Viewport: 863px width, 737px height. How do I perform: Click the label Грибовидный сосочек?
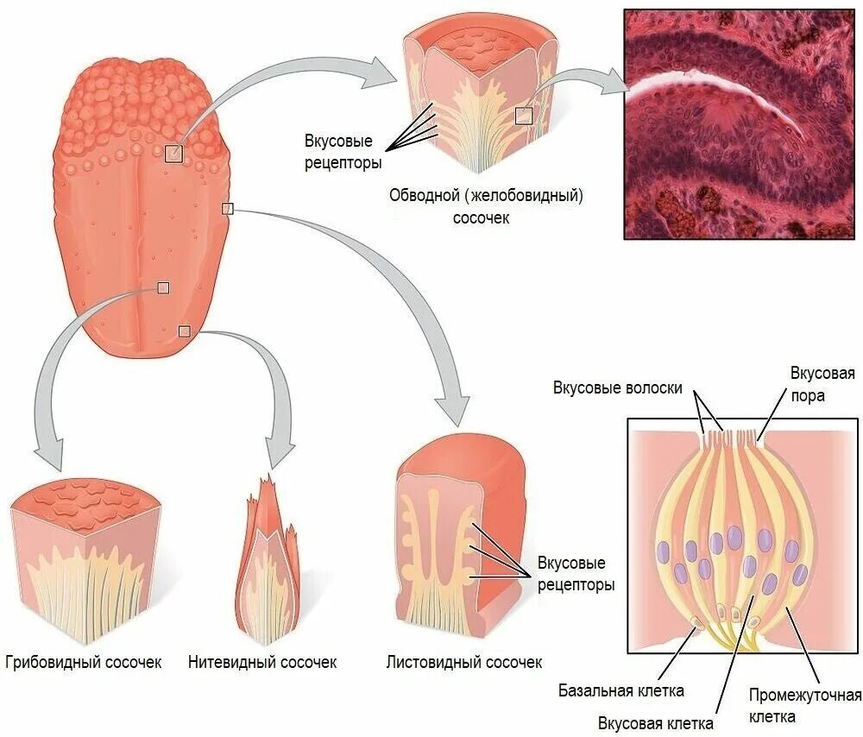(x=84, y=663)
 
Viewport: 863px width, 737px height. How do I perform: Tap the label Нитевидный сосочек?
(x=262, y=663)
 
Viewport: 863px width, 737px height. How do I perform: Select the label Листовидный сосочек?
(x=464, y=663)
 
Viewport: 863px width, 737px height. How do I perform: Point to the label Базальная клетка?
(x=620, y=690)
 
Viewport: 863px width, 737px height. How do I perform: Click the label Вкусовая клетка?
(x=655, y=722)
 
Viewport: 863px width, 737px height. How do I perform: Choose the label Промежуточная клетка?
(x=804, y=705)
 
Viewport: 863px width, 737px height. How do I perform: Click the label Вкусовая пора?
(x=822, y=384)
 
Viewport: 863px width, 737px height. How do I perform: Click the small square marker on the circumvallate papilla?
(x=525, y=116)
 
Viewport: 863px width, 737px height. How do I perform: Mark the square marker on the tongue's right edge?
(x=228, y=208)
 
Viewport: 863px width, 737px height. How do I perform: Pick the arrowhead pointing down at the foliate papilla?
(x=453, y=407)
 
